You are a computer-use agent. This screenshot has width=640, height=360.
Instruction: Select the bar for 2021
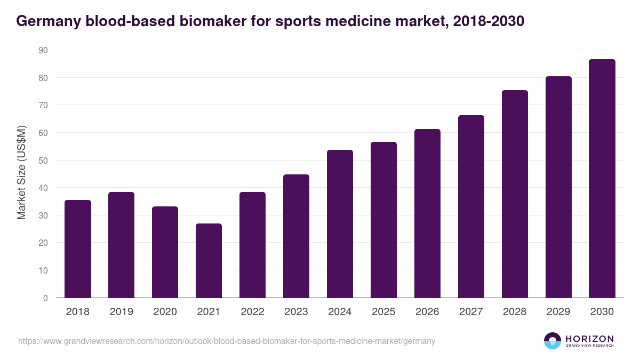click(x=209, y=261)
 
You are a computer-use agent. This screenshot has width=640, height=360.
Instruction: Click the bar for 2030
click(x=602, y=179)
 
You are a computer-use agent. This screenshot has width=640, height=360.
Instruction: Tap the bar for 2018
click(x=78, y=249)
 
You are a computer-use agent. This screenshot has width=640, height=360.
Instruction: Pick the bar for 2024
click(x=340, y=224)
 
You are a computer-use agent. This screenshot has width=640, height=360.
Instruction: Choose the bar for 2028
click(x=515, y=194)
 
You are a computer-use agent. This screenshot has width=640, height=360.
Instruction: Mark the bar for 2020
click(x=165, y=252)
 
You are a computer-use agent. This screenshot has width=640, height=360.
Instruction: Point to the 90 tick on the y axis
click(x=43, y=50)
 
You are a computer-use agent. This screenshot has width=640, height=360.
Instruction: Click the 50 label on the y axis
click(x=43, y=161)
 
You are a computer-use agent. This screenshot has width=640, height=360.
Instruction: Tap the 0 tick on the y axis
click(x=45, y=298)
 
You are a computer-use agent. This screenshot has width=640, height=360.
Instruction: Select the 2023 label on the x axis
click(x=296, y=312)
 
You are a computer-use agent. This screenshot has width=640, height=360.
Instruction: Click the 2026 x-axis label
click(x=427, y=312)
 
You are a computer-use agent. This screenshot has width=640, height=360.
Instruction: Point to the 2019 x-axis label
click(x=121, y=312)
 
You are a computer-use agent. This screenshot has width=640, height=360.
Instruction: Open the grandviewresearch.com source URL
click(x=227, y=341)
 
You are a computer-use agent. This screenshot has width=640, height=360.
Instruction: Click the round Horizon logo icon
click(x=553, y=341)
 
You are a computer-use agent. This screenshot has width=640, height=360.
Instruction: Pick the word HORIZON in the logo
click(x=589, y=339)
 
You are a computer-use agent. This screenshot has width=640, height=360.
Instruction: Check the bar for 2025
click(x=383, y=220)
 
